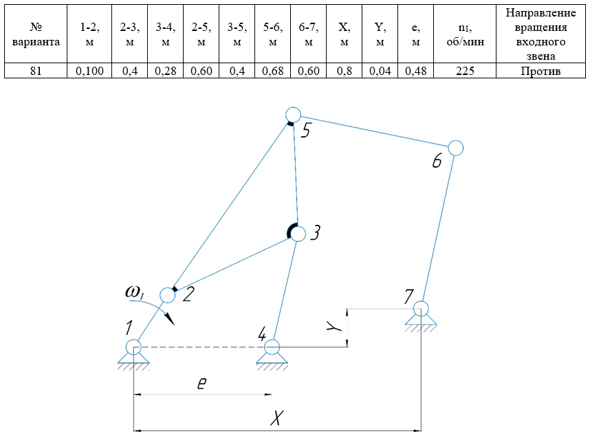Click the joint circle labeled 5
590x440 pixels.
pos(294,115)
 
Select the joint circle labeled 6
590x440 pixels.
pos(455,147)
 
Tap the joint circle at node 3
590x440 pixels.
pos(298,233)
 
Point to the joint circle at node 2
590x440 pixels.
pos(167,295)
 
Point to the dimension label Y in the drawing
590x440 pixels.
pos(331,329)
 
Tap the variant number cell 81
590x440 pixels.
pos(36,70)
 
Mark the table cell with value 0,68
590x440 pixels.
pos(272,70)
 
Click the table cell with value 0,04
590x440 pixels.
pos(380,70)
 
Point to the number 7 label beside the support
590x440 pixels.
pos(408,297)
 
